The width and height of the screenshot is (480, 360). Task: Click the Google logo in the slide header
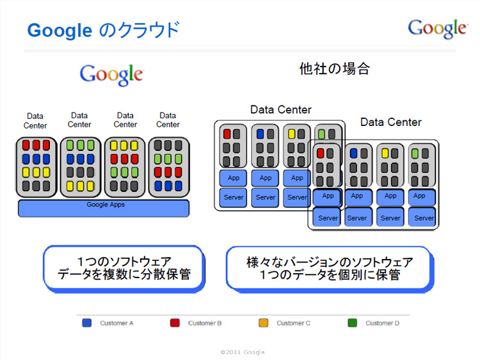tap(437, 27)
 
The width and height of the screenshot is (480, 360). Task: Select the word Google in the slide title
tap(60, 30)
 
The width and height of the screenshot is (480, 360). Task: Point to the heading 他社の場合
tap(334, 69)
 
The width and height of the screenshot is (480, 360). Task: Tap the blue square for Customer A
tap(87, 323)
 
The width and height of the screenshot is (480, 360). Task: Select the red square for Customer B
tap(175, 323)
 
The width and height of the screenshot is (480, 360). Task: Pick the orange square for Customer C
tap(264, 323)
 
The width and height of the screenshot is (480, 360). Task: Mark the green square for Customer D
tap(352, 323)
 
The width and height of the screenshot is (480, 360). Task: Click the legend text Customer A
tap(116, 324)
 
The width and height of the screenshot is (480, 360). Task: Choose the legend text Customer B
tap(205, 324)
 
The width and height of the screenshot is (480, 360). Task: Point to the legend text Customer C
tap(293, 324)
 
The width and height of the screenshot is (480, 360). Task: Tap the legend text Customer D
tap(382, 324)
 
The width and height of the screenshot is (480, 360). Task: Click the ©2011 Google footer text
tap(242, 352)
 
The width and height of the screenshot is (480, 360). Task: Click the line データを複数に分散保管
tap(124, 275)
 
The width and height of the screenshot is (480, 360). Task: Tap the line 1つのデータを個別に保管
tap(330, 275)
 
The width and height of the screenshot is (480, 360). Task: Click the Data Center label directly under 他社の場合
tap(280, 110)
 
